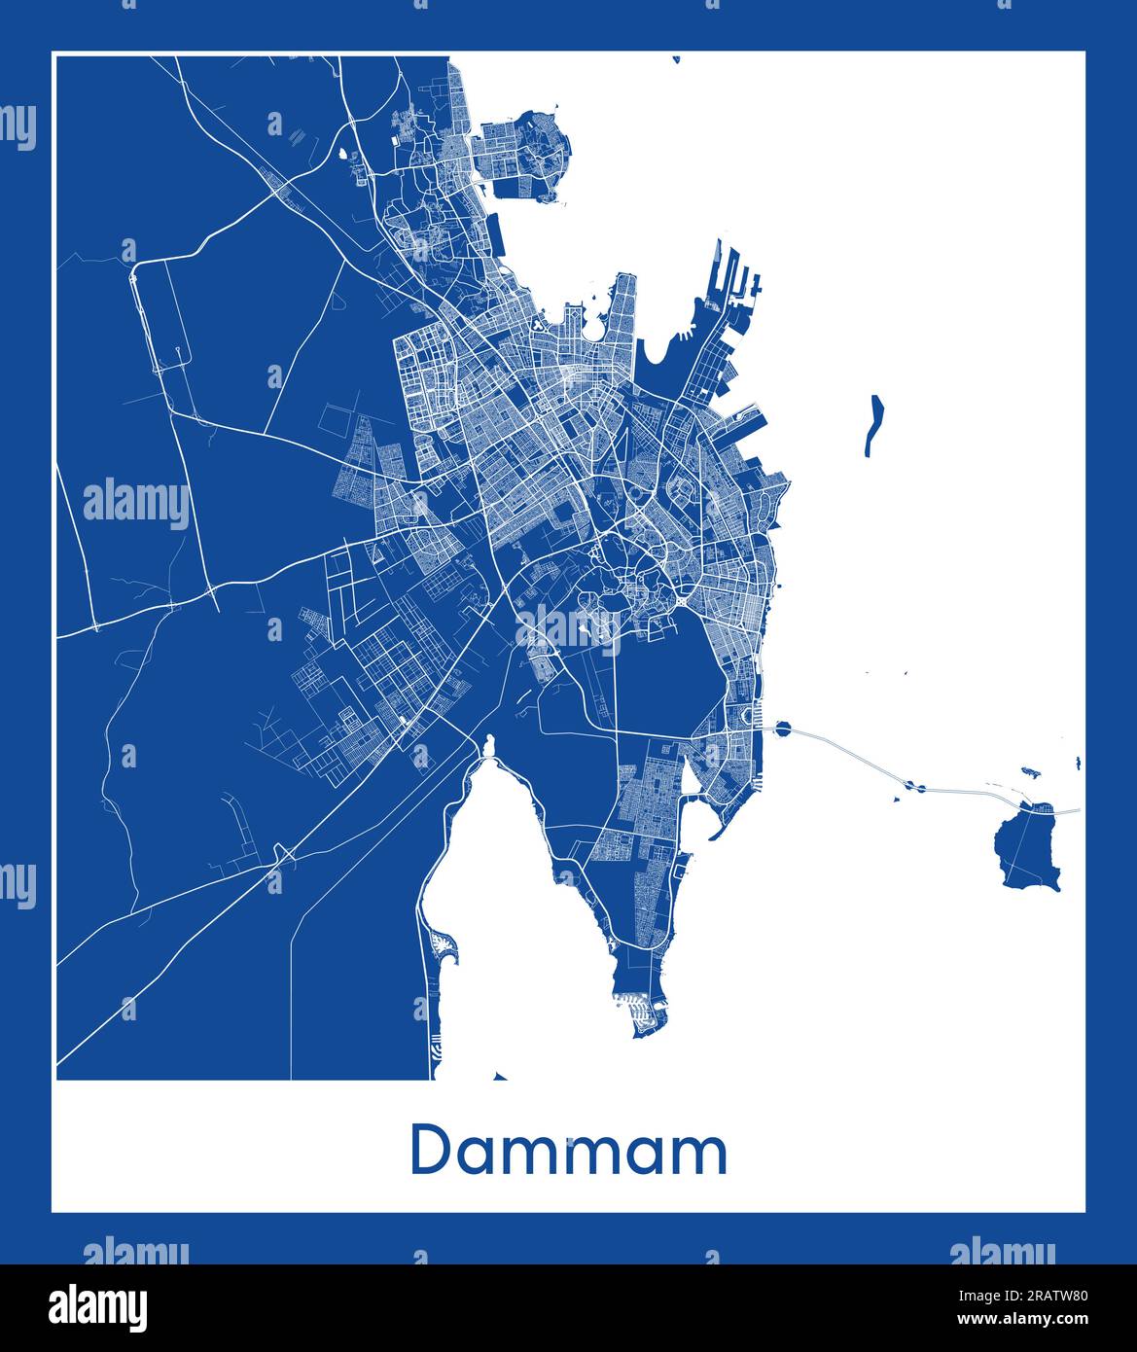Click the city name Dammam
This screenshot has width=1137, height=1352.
569,1151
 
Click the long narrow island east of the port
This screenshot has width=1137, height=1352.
873,425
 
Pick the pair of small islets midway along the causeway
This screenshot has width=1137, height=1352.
913,785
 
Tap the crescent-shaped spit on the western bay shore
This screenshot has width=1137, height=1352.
445,948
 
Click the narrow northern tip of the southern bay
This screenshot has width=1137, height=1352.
488,747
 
